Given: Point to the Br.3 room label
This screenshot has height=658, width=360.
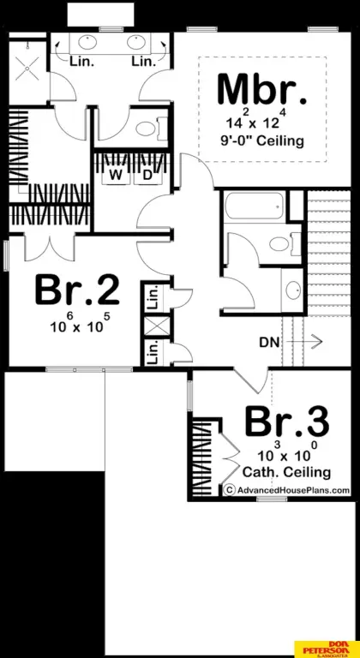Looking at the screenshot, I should [x=286, y=422].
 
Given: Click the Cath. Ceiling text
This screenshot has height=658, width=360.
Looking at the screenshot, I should [x=286, y=472].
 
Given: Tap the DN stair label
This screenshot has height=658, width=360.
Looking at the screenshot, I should [x=269, y=342].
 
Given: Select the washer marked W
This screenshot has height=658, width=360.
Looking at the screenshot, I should [x=115, y=175].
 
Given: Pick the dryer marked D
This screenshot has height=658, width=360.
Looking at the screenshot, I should [x=147, y=175].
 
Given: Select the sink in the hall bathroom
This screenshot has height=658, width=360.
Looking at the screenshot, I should [x=291, y=287].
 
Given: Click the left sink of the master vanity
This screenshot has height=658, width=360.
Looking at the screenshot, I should [x=90, y=42].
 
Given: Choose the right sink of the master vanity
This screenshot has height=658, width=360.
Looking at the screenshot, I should [x=136, y=42].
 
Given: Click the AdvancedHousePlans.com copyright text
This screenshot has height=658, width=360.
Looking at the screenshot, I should [x=287, y=490].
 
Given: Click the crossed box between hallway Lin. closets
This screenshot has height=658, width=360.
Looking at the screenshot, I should [x=155, y=326].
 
